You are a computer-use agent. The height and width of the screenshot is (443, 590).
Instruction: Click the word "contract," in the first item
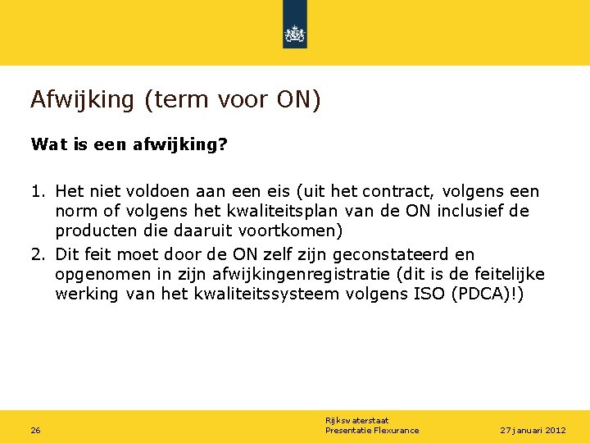pyautogui.click(x=398, y=192)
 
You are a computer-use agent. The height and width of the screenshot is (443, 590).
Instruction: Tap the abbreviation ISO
pyautogui.click(x=425, y=294)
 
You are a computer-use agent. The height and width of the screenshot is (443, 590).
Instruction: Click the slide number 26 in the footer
pyautogui.click(x=36, y=431)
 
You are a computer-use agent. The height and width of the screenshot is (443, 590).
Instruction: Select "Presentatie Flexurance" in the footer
pyautogui.click(x=371, y=431)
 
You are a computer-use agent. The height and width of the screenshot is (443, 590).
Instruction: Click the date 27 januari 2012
pyautogui.click(x=533, y=431)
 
